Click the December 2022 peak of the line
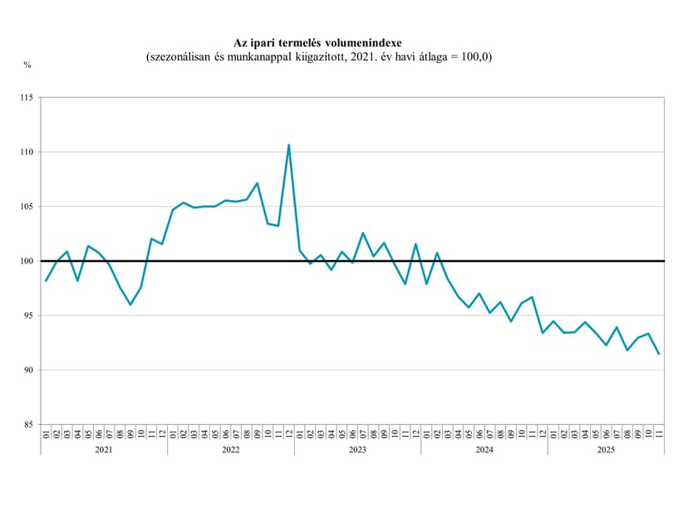tap(289, 145)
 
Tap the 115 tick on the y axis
tap(27, 98)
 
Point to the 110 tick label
tap(27, 152)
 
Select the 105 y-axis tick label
tap(27, 207)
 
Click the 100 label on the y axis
tap(27, 261)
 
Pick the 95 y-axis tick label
tap(28, 315)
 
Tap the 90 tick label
tap(28, 370)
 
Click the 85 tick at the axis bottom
tap(28, 424)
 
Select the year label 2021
tap(104, 450)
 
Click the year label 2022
tap(231, 450)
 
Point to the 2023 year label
tap(357, 450)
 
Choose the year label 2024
tap(484, 450)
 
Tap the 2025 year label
tap(606, 450)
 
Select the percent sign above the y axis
tap(27, 66)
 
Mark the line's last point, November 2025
tap(659, 354)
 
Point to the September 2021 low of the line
tap(130, 305)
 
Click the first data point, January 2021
tap(46, 281)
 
